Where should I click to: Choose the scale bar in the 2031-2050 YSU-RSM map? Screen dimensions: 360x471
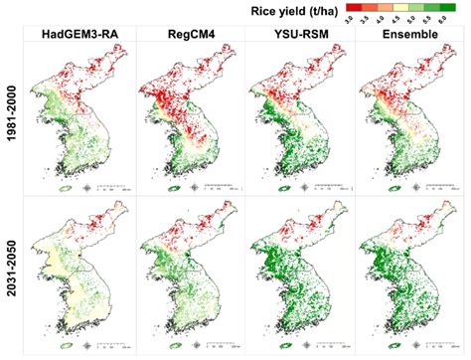pos(324,341)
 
